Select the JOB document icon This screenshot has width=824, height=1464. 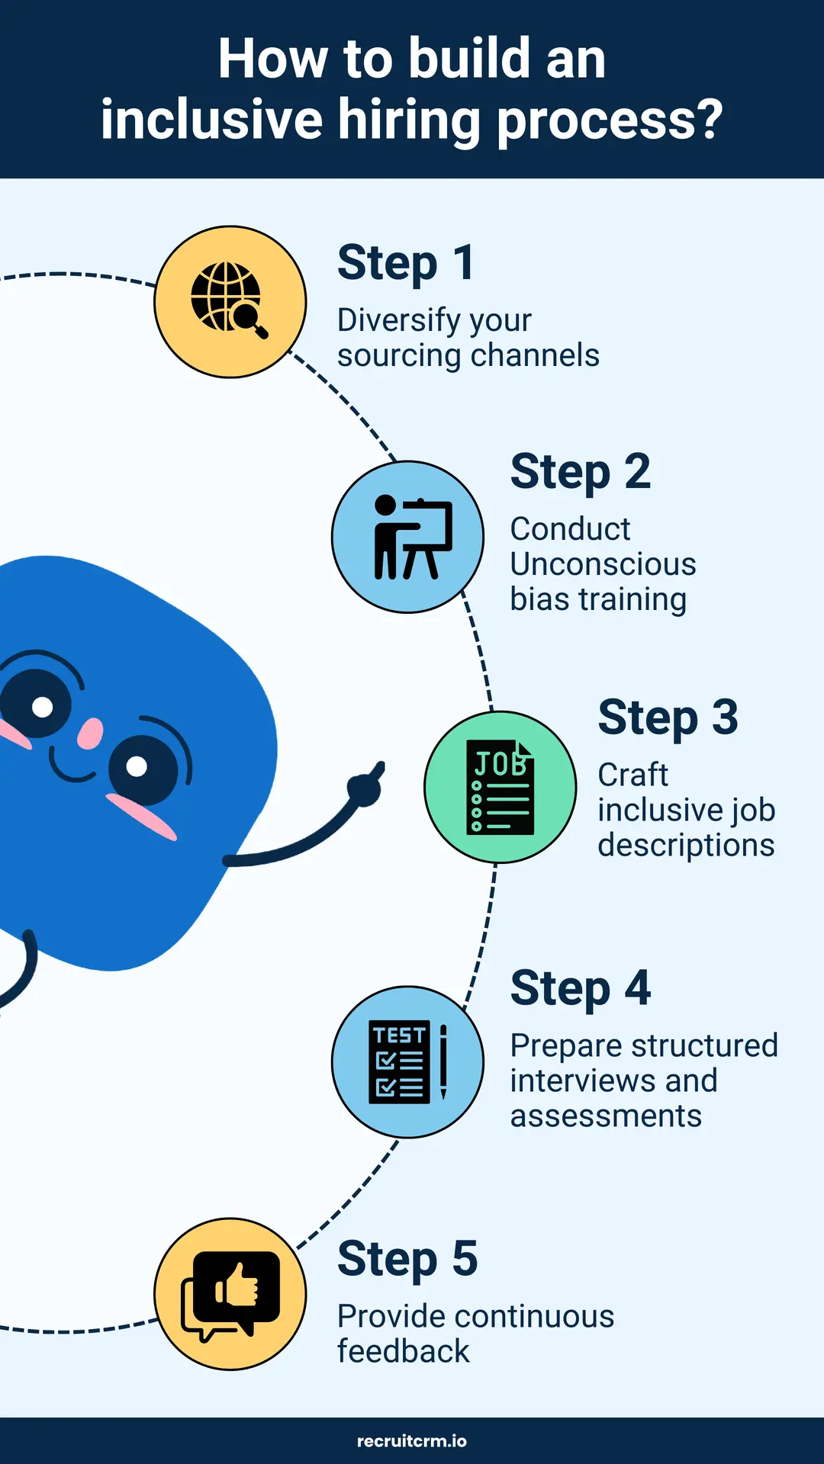click(500, 787)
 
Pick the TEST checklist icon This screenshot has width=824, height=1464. click(400, 1062)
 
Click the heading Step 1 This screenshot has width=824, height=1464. click(406, 263)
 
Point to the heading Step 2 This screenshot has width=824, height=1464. click(580, 472)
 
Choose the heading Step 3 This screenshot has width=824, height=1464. click(668, 718)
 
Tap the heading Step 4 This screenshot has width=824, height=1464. click(580, 988)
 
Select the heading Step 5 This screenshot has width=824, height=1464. click(407, 1259)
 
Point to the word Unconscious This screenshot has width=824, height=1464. click(603, 564)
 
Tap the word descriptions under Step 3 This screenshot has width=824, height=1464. click(686, 845)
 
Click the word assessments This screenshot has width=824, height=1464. click(606, 1116)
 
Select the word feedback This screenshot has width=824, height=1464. click(403, 1351)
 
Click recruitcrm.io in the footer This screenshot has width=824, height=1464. click(412, 1441)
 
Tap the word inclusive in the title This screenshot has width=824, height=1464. click(211, 120)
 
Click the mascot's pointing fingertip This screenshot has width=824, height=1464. click(379, 767)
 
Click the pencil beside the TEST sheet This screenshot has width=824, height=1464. click(443, 1061)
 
